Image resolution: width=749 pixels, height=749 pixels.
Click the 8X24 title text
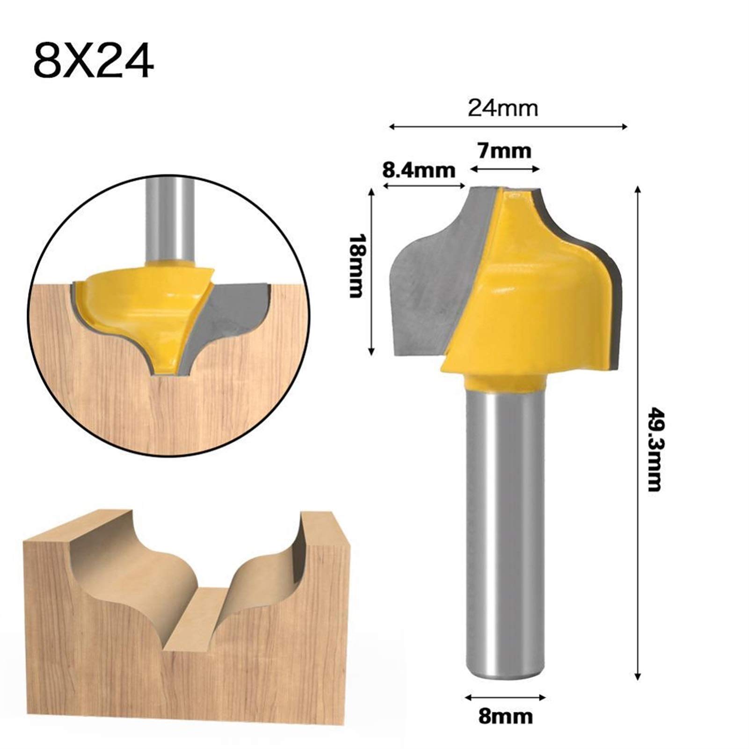93,62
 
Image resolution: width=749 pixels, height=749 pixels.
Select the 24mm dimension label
503,109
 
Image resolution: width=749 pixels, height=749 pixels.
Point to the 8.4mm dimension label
419,170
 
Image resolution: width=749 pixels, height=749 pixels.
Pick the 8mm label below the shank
505,716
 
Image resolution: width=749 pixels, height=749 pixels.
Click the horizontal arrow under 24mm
508,126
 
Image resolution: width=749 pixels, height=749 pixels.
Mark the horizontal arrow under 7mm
505,169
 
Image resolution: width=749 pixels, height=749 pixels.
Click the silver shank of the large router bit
506,538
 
